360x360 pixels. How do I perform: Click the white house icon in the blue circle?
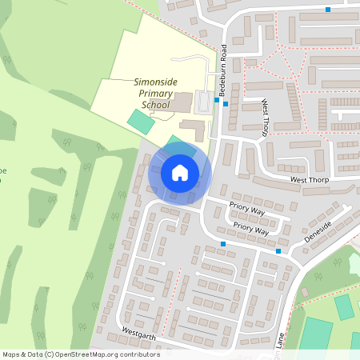pyautogui.click(x=180, y=172)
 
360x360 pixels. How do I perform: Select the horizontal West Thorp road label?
pyautogui.click(x=310, y=181)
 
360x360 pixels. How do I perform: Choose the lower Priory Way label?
pyautogui.click(x=250, y=227)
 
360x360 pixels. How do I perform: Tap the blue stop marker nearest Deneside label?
pyautogui.click(x=278, y=252)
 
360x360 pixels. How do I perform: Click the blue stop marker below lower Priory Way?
pyautogui.click(x=223, y=243)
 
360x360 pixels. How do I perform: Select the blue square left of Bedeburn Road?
pyautogui.click(x=217, y=101)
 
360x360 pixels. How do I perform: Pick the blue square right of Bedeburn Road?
pyautogui.click(x=226, y=104)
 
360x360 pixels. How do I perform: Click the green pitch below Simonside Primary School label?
pyautogui.click(x=140, y=122)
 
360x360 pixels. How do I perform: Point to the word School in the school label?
pyautogui.click(x=156, y=105)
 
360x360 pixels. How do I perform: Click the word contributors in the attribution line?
pyautogui.click(x=138, y=354)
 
